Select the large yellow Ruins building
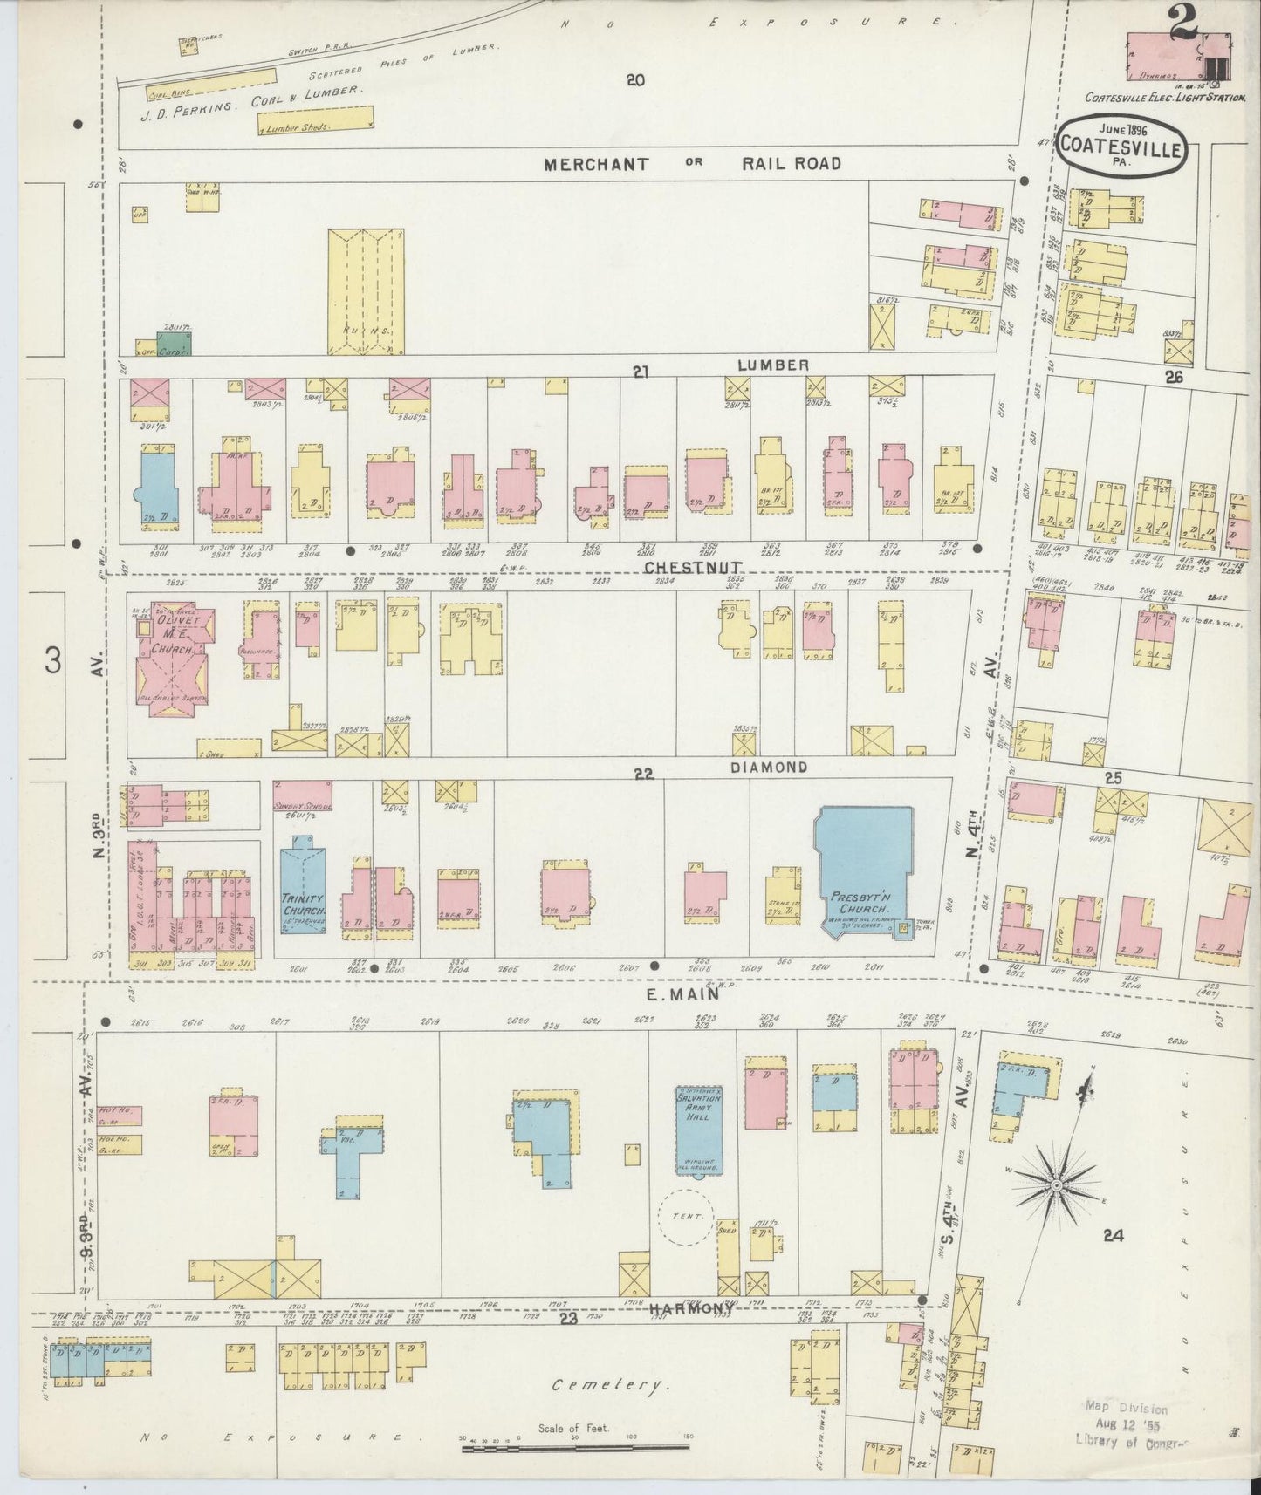click(366, 292)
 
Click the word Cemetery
click(610, 1385)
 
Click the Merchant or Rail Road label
click(693, 163)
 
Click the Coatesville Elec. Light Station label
click(1164, 99)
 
